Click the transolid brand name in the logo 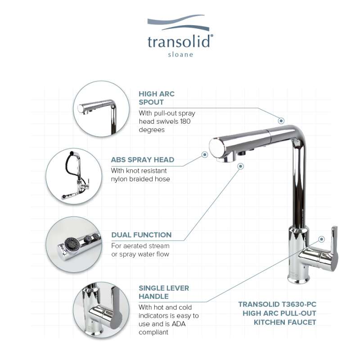pos(179,41)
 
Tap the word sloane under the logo pos(180,54)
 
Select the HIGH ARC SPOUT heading pos(157,98)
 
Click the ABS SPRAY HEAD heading pos(143,160)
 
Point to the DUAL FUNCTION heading pos(141,235)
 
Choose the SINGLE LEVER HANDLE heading pos(164,292)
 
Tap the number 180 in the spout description pos(185,121)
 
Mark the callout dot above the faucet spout pos(281,121)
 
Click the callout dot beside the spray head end pos(205,154)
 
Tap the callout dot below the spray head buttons pos(241,166)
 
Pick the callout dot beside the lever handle pos(321,239)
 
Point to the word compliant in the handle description pos(153,332)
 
